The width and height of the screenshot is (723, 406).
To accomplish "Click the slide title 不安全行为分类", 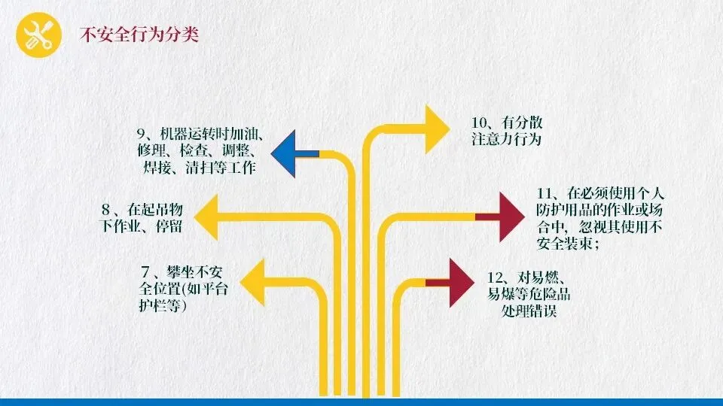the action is [139, 35].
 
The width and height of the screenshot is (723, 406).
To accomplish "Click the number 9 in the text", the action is [141, 135].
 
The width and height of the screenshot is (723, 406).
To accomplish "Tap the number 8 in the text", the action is [107, 208].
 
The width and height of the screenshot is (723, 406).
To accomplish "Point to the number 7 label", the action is [145, 271].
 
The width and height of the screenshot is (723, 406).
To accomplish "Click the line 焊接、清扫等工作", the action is [199, 168].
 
